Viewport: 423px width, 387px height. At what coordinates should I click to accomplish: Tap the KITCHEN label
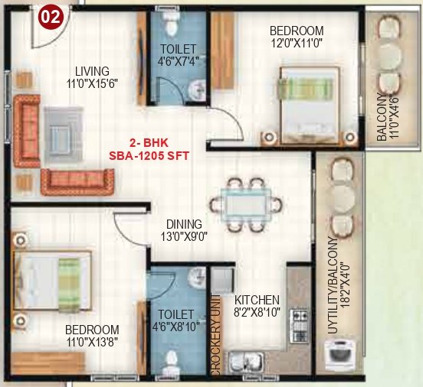(257, 299)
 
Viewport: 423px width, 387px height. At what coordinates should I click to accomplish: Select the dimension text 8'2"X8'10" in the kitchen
(257, 312)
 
